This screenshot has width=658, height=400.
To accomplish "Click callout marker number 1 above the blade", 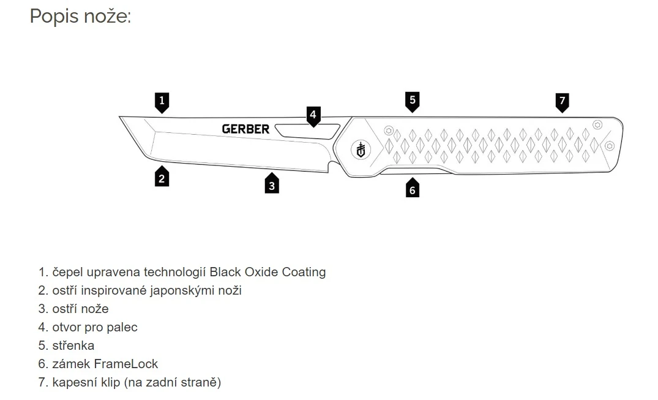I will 162,102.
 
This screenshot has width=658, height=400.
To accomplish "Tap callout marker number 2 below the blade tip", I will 162,178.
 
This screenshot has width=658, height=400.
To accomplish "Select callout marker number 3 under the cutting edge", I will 272,184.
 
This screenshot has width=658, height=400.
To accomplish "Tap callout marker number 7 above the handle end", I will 563,101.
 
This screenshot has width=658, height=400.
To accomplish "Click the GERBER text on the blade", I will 245,129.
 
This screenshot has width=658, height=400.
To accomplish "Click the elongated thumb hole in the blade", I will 307,130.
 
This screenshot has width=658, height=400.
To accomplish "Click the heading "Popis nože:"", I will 80,16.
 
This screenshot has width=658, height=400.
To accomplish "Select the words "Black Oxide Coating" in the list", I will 267,272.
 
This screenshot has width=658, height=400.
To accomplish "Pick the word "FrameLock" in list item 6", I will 126,364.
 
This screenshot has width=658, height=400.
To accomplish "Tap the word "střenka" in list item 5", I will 73,345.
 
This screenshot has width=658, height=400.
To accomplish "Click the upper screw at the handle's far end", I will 597,124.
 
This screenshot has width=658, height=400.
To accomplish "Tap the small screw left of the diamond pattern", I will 387,130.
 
